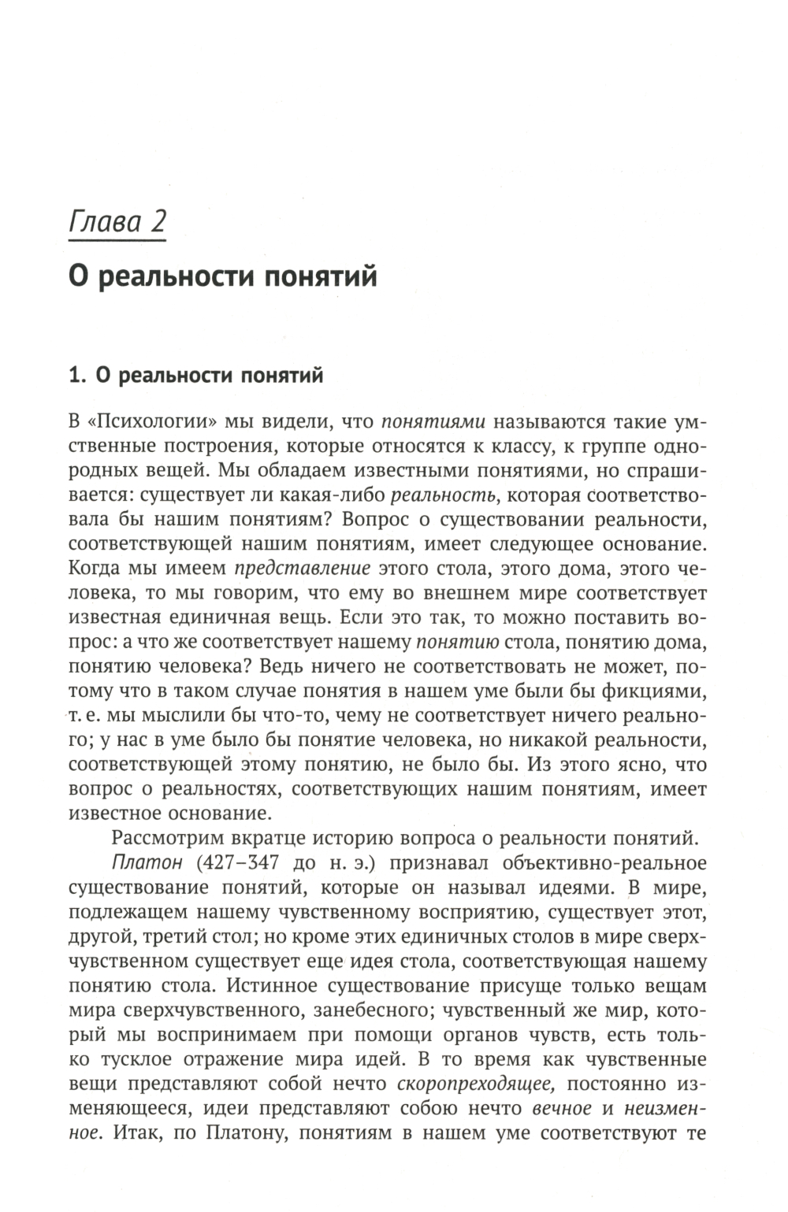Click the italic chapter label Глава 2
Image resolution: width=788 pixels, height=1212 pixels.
117,222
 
